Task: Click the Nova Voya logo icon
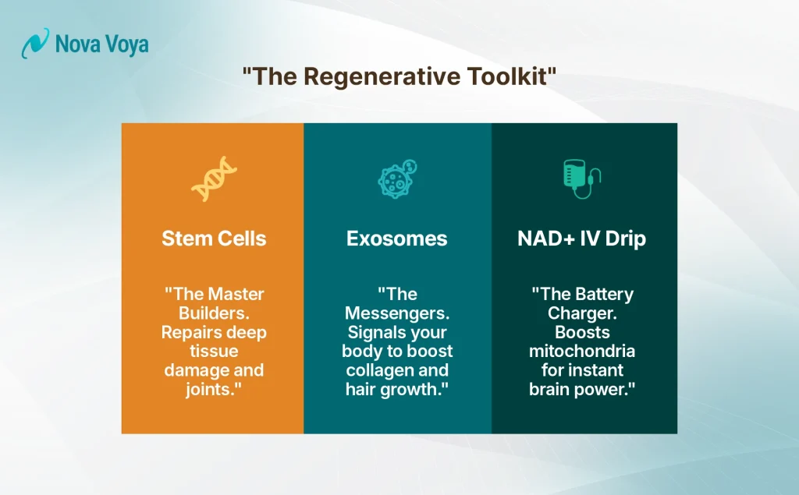pyautogui.click(x=35, y=44)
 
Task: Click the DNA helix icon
pyautogui.click(x=212, y=179)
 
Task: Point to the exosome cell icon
pyautogui.click(x=397, y=179)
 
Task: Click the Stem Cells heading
pyautogui.click(x=213, y=239)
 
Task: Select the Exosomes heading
pyautogui.click(x=397, y=239)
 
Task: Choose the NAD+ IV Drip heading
pyautogui.click(x=581, y=239)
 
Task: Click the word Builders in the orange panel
pyautogui.click(x=213, y=313)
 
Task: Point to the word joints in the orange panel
pyautogui.click(x=211, y=389)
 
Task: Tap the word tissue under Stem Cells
pyautogui.click(x=213, y=352)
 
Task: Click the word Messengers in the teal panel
pyautogui.click(x=397, y=313)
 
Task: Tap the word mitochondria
pyautogui.click(x=581, y=352)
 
